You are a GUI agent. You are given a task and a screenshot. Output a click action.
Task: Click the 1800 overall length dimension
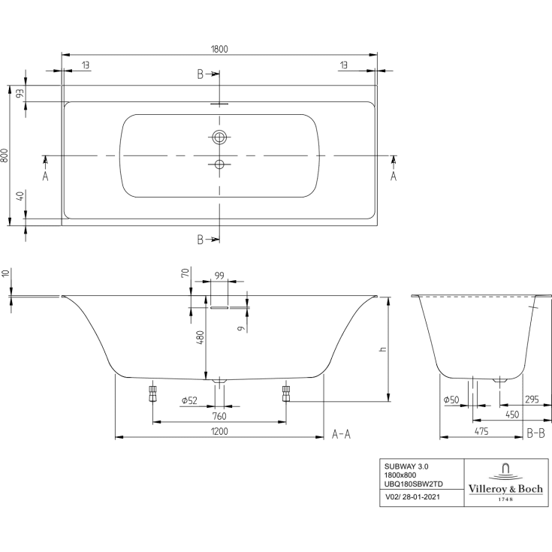pos(219,49)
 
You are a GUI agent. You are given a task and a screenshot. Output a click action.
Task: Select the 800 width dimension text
pos(6,155)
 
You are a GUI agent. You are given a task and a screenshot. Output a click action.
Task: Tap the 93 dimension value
pos(20,93)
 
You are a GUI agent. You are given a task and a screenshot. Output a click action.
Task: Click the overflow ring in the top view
pos(219,137)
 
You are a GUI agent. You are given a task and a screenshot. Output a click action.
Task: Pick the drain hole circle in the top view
pos(219,164)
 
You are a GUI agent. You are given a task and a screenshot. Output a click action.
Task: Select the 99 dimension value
pos(219,276)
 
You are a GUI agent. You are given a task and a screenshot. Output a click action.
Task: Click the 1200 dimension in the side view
pos(219,431)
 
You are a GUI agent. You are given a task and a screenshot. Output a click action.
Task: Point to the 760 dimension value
pos(219,415)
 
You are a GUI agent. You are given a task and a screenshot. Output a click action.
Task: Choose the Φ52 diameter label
pos(190,400)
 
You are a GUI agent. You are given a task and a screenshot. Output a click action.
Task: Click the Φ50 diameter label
pos(451,400)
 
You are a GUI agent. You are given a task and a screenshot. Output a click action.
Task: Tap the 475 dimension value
pos(481,431)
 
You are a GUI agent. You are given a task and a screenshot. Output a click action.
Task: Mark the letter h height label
pos(382,350)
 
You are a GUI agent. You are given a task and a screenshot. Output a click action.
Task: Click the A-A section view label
pos(342,433)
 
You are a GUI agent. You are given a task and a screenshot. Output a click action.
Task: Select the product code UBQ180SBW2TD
pos(414,484)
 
